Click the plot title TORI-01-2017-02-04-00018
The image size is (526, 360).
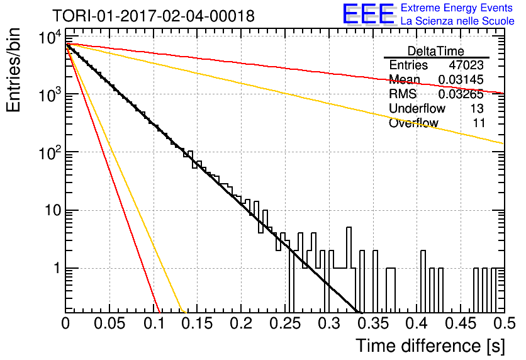(154, 16)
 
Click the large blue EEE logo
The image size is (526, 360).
(369, 14)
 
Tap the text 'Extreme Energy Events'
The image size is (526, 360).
(457, 8)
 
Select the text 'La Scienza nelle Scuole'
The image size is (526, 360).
(457, 21)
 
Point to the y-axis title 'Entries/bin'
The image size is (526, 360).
(13, 70)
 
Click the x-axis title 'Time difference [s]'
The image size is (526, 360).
(430, 346)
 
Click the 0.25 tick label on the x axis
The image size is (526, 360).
(285, 323)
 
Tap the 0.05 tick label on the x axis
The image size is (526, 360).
(109, 323)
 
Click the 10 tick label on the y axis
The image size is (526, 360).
(53, 210)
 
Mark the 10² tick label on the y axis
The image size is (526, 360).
(50, 152)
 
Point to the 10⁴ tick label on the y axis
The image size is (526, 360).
(50, 37)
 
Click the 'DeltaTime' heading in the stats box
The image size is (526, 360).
(436, 51)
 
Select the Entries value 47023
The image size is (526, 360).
(466, 65)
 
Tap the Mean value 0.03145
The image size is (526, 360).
(461, 79)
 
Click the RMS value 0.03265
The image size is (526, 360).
(461, 94)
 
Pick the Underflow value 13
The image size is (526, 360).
(477, 108)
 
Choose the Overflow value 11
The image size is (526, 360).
(479, 123)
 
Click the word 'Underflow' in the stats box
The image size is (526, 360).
(417, 108)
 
